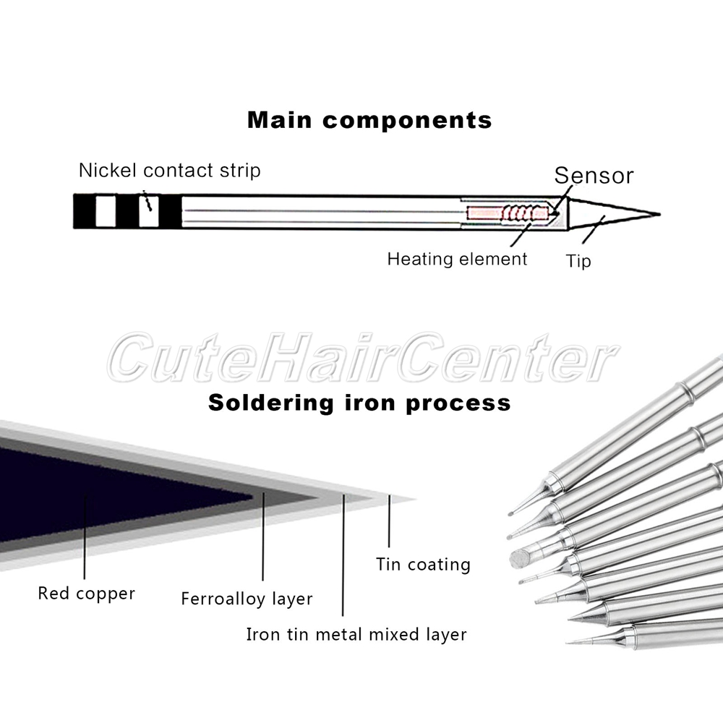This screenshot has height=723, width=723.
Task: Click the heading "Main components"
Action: pyautogui.click(x=369, y=120)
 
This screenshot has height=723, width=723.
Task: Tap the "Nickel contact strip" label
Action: pyautogui.click(x=169, y=171)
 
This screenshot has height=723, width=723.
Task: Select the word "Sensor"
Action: pyautogui.click(x=594, y=176)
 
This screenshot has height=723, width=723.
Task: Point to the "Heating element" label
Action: pyautogui.click(x=457, y=259)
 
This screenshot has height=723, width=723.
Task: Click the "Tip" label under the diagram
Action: pyautogui.click(x=578, y=261)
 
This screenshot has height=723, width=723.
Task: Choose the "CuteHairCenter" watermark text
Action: pyautogui.click(x=361, y=359)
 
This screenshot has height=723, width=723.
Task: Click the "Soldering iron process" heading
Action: pyautogui.click(x=359, y=402)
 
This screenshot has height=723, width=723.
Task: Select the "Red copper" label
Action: pyautogui.click(x=86, y=594)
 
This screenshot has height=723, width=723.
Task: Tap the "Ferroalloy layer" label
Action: pyautogui.click(x=247, y=599)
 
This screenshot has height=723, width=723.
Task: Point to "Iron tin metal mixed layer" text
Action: pyautogui.click(x=356, y=635)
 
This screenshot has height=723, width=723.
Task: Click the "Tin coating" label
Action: pyautogui.click(x=423, y=564)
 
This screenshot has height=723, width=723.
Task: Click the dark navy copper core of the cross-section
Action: pyautogui.click(x=108, y=492)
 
